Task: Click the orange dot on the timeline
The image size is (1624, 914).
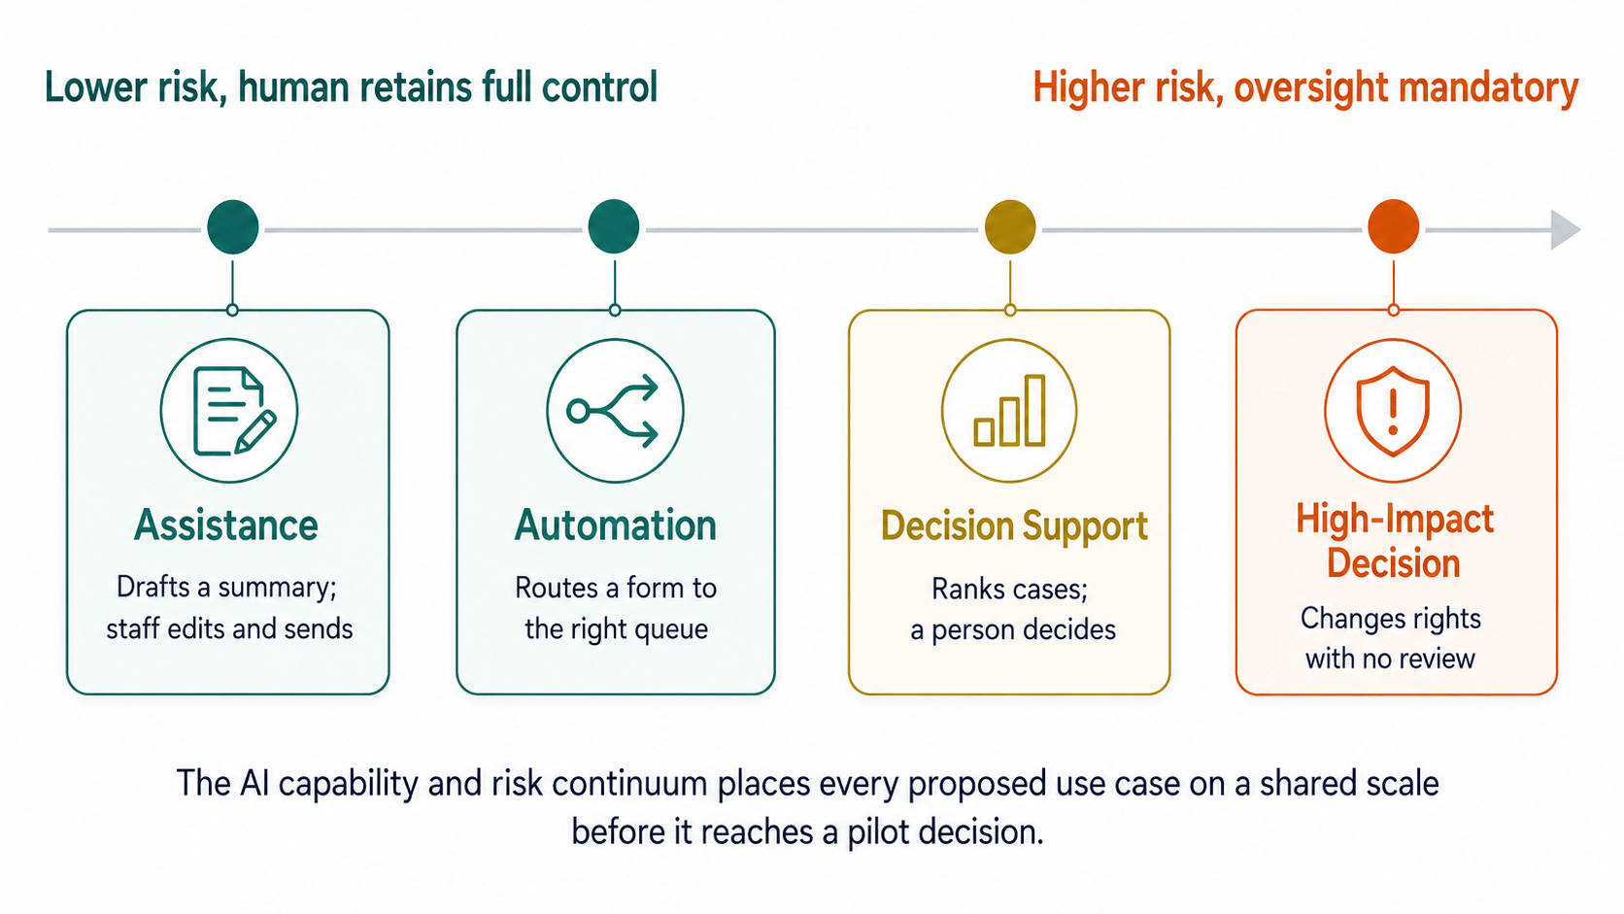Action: click(x=1393, y=226)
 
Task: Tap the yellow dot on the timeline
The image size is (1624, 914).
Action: click(x=1010, y=227)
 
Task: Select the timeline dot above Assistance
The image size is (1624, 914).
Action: click(x=233, y=227)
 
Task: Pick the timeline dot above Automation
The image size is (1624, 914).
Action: click(x=613, y=226)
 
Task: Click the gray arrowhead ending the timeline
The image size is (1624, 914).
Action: click(x=1565, y=230)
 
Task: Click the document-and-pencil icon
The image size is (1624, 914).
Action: click(x=233, y=411)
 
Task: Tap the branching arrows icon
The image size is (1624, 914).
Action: click(x=613, y=411)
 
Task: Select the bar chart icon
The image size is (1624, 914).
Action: click(x=1010, y=410)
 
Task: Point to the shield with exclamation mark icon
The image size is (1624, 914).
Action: click(x=1392, y=411)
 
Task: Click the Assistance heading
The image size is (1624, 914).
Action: click(x=226, y=525)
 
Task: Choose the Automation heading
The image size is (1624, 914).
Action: click(x=616, y=525)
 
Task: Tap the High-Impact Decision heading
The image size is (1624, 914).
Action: click(x=1394, y=541)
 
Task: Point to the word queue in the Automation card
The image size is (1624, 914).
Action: click(x=671, y=629)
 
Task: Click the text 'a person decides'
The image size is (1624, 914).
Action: click(x=1013, y=629)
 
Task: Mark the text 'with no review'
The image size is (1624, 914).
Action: click(x=1390, y=659)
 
